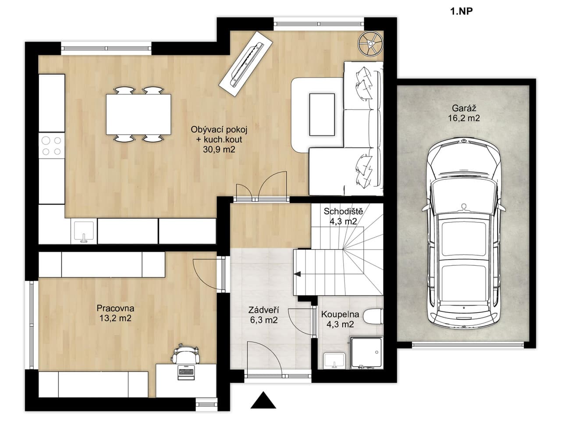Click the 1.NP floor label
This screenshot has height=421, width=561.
pyautogui.click(x=461, y=12)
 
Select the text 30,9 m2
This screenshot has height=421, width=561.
pyautogui.click(x=219, y=150)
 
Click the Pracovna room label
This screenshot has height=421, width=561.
pyautogui.click(x=115, y=308)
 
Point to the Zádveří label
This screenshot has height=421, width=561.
pyautogui.click(x=264, y=310)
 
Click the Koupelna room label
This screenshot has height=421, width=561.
pyautogui.click(x=340, y=314)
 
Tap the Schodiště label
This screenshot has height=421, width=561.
pyautogui.click(x=343, y=212)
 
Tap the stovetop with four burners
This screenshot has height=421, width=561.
pyautogui.click(x=51, y=146)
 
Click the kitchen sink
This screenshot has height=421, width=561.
pyautogui.click(x=84, y=232)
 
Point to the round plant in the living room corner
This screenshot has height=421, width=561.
pyautogui.click(x=370, y=44)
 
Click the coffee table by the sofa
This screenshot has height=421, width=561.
pyautogui.click(x=322, y=114)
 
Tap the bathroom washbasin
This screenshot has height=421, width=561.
pyautogui.click(x=335, y=361)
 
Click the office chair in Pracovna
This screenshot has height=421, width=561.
pyautogui.click(x=185, y=355)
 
